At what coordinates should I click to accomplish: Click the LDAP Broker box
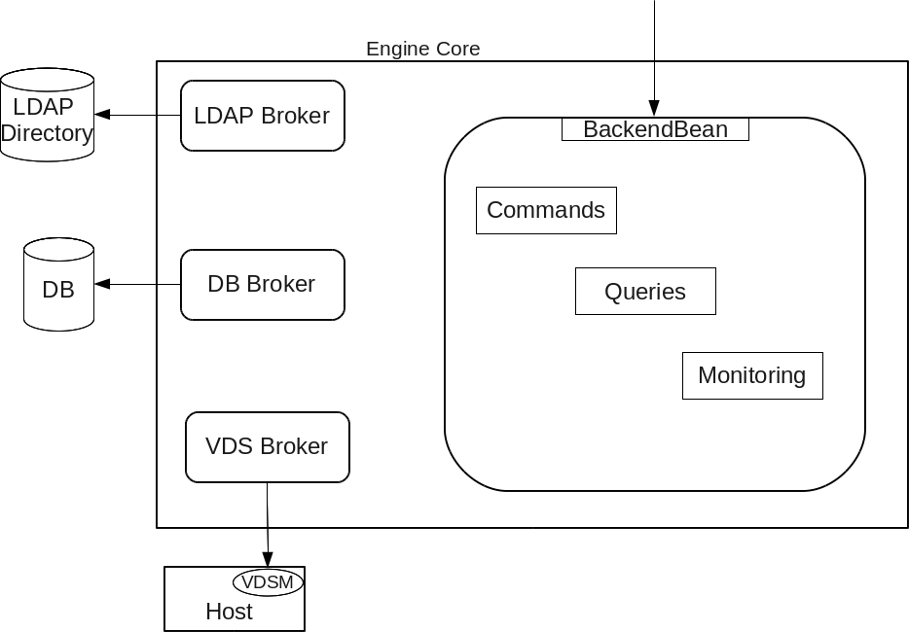pyautogui.click(x=263, y=116)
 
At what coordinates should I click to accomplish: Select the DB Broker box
pyautogui.click(x=263, y=284)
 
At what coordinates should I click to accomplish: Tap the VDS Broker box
pyautogui.click(x=267, y=446)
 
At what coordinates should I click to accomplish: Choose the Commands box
pyautogui.click(x=546, y=210)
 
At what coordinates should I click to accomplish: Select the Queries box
pyautogui.click(x=645, y=292)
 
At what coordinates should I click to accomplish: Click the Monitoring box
pyautogui.click(x=752, y=375)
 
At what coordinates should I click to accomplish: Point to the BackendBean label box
pyautogui.click(x=655, y=129)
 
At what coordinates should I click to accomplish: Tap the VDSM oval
pyautogui.click(x=268, y=581)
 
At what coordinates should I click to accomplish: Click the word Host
pyautogui.click(x=229, y=612)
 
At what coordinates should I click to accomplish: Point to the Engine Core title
pyautogui.click(x=422, y=49)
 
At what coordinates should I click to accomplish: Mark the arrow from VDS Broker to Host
pyautogui.click(x=268, y=525)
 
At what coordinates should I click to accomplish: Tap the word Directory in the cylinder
pyautogui.click(x=47, y=133)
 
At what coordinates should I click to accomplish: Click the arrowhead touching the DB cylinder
pyautogui.click(x=101, y=284)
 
